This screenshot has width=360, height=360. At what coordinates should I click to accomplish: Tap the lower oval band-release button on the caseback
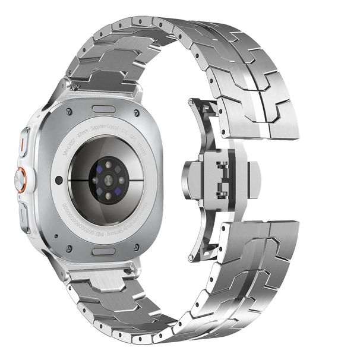[105, 251]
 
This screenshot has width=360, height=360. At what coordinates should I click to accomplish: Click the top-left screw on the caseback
[70, 110]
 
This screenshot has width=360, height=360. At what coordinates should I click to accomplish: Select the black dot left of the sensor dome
[58, 180]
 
